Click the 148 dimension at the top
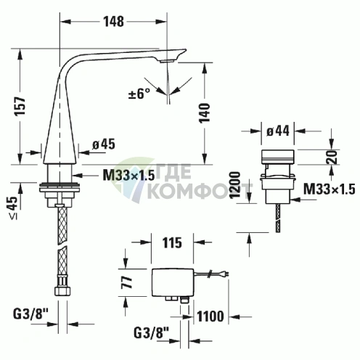pyautogui.click(x=113, y=21)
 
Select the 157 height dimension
pyautogui.click(x=20, y=106)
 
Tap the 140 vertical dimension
pyautogui.click(x=205, y=112)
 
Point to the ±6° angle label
pyautogui.click(x=139, y=93)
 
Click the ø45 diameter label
pyautogui.click(x=104, y=144)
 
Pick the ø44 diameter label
pyautogui.click(x=278, y=131)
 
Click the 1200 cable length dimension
pyautogui.click(x=235, y=185)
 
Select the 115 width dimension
pyautogui.click(x=172, y=242)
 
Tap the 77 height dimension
pyautogui.click(x=127, y=282)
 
